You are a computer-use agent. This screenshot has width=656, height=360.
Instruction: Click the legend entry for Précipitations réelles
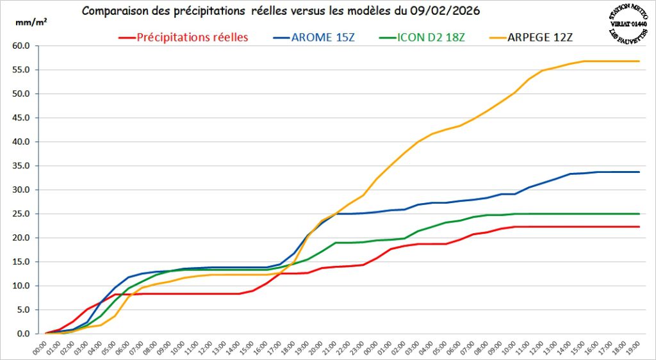192,37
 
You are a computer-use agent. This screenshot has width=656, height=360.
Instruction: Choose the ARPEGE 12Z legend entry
541,37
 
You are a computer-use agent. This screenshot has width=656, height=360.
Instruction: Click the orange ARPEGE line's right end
639,61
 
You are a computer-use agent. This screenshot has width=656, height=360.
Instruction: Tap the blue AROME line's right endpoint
639,172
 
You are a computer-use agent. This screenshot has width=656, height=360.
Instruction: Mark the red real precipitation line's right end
639,227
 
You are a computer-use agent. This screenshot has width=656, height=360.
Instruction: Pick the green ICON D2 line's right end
639,214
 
